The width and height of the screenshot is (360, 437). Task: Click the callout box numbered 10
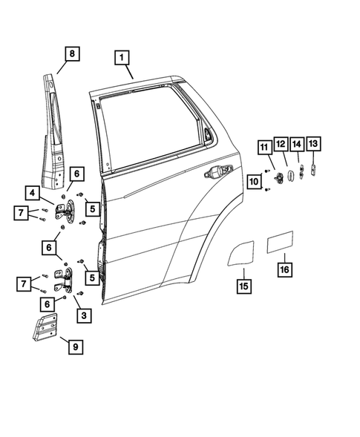tap(255, 180)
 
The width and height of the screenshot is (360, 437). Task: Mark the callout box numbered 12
tap(281, 143)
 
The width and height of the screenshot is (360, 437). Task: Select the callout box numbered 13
tap(313, 143)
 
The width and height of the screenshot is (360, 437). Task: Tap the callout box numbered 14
tap(297, 143)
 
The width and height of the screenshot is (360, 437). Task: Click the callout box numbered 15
tap(243, 283)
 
